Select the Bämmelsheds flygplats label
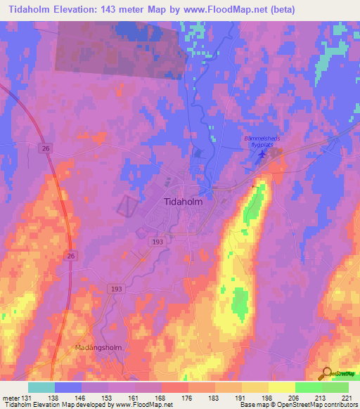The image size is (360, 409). point(262,141)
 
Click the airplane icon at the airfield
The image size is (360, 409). point(263,154)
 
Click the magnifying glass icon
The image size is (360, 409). point(326,374)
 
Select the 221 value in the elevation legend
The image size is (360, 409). point(349,397)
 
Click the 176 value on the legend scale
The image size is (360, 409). point(188,397)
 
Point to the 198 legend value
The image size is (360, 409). point(269,397)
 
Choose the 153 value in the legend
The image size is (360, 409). point(108,397)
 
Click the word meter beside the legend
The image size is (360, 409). point(9,397)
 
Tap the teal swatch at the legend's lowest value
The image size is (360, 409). point(41,387)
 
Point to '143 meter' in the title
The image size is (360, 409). point(118,9)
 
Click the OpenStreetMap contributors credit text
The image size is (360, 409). point(315,405)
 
